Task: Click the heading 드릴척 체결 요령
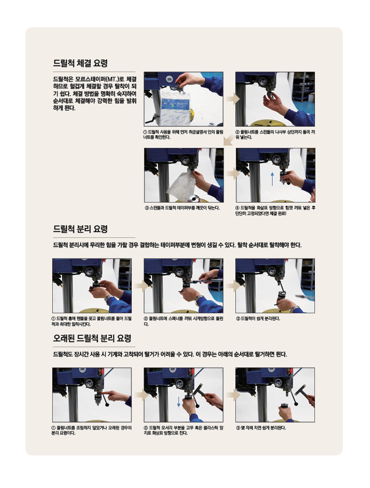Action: pos(80,63)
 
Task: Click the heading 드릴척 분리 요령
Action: pos(80,229)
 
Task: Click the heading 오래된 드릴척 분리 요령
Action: pos(92,338)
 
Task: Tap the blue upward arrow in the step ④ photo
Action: pos(273,179)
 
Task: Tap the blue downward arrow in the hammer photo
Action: pos(179,402)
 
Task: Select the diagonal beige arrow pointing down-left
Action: pos(229,140)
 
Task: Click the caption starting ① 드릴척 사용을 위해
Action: pos(183,134)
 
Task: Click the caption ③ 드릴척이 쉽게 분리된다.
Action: pos(258,319)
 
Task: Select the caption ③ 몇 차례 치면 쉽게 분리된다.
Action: pos(261,428)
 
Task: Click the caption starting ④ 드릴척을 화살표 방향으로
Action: pos(275,211)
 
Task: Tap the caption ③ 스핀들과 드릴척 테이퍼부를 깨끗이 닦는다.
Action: pos(182,208)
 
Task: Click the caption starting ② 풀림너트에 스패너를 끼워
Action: pos(184,321)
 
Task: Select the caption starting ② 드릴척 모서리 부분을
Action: pos(184,431)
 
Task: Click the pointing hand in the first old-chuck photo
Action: pos(117,396)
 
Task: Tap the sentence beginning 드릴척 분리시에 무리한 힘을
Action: pos(177,245)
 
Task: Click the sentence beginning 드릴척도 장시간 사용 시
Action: pos(170,355)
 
